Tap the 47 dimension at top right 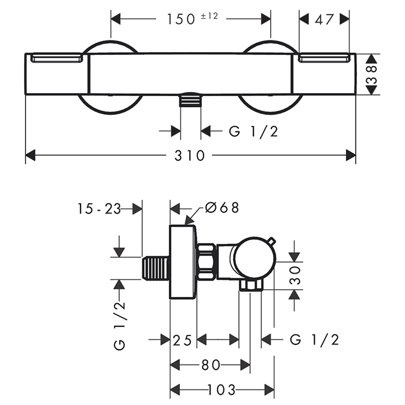point(325,19)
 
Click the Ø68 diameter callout point(222,207)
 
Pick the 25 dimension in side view point(183,340)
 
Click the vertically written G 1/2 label point(119,324)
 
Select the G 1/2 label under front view point(253,132)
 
